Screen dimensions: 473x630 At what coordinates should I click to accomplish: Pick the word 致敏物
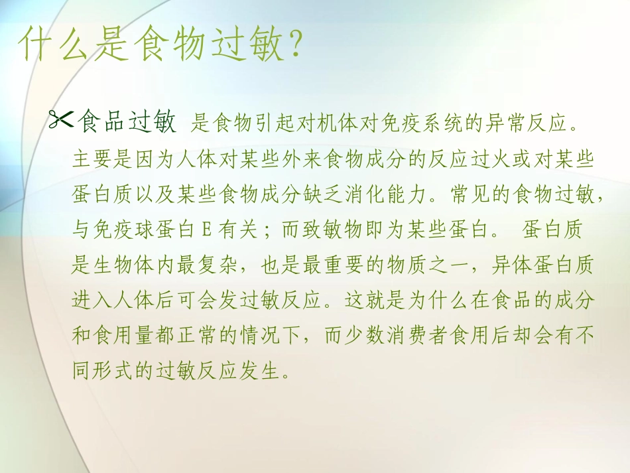(x=336, y=231)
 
